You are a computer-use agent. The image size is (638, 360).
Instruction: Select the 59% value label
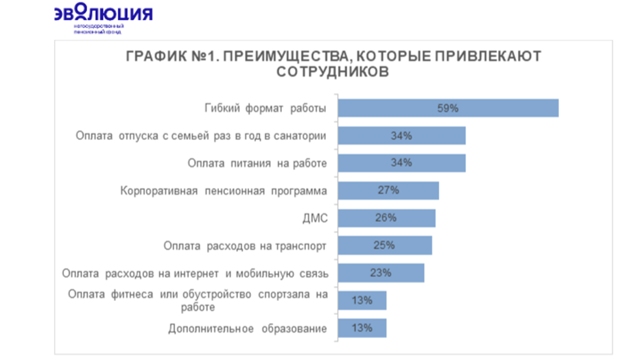coord(449,108)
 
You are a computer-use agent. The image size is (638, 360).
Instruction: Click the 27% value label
coord(388,191)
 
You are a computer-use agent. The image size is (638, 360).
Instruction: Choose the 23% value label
coord(380,273)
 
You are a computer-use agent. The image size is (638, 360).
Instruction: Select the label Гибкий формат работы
coord(265,109)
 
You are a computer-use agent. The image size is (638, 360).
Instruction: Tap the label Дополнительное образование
coord(247,328)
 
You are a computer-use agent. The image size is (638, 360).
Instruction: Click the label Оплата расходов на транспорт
coord(245,245)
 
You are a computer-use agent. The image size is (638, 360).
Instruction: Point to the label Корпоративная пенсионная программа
coord(223,191)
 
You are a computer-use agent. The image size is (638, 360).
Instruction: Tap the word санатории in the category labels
coord(298,136)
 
